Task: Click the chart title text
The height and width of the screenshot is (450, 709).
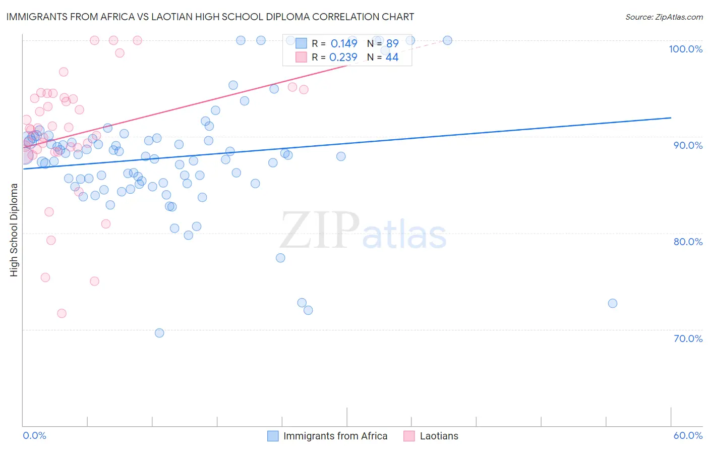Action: tap(210, 17)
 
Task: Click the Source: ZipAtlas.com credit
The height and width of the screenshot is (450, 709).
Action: tap(664, 17)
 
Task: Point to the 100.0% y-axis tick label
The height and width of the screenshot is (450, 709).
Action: tap(685, 49)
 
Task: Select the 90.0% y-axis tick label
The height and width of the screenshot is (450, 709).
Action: tap(688, 145)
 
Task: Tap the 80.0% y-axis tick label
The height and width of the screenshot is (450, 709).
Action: tap(688, 242)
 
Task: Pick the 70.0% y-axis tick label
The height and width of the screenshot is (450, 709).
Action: tap(688, 339)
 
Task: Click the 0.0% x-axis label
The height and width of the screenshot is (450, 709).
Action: tap(34, 435)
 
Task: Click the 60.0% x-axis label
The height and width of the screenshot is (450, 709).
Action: tap(688, 435)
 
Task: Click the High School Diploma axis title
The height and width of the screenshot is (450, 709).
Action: tap(14, 230)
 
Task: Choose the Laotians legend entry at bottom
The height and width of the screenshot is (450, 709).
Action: tap(439, 436)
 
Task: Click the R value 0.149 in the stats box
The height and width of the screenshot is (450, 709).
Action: tap(344, 43)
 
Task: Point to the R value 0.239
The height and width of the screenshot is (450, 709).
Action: tap(343, 58)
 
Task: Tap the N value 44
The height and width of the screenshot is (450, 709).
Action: tap(392, 58)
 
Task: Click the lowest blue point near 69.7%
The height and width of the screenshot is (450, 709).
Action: tap(159, 333)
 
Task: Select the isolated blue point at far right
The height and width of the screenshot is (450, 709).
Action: tap(613, 303)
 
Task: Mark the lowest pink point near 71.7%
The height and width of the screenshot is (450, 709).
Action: tap(62, 313)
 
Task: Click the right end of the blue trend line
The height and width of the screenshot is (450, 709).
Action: tap(671, 118)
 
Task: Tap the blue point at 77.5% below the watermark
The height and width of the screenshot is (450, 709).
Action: tap(280, 258)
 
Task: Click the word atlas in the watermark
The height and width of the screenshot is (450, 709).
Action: tap(404, 235)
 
